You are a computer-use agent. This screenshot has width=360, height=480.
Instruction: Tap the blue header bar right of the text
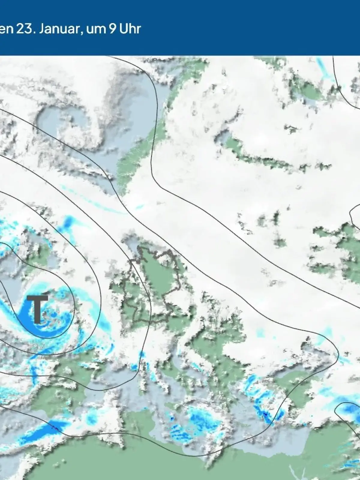(255, 28)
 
